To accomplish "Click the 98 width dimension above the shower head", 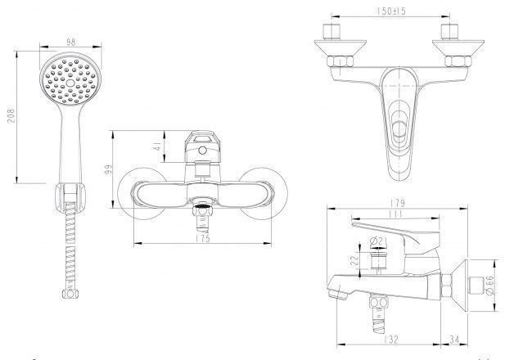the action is point(70,42).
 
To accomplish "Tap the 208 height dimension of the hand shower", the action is point(11,115).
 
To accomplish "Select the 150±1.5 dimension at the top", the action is point(391,11).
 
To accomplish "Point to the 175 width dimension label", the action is point(203,239).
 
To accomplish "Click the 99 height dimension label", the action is point(109,169).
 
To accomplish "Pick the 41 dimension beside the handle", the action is point(156,146).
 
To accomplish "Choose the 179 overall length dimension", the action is point(398,203).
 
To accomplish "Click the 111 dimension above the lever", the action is point(395,214).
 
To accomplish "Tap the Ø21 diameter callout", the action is point(378,241).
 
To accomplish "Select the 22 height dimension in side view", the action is point(354,260).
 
